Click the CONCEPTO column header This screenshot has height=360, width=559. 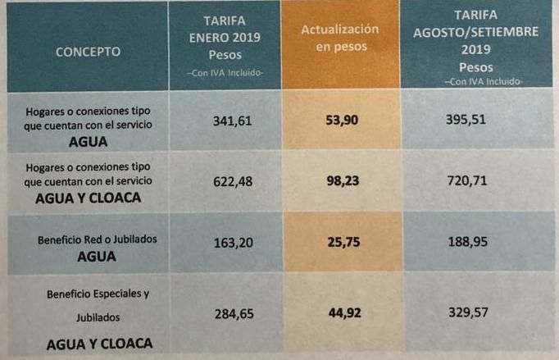[88, 52]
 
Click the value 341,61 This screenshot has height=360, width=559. [224, 121]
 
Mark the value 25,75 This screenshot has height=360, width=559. [340, 244]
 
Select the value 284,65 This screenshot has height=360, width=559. [223, 312]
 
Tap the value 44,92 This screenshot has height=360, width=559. [340, 312]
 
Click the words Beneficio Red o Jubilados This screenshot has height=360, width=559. [97, 239]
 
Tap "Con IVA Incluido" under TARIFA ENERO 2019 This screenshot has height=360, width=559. [225, 75]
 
